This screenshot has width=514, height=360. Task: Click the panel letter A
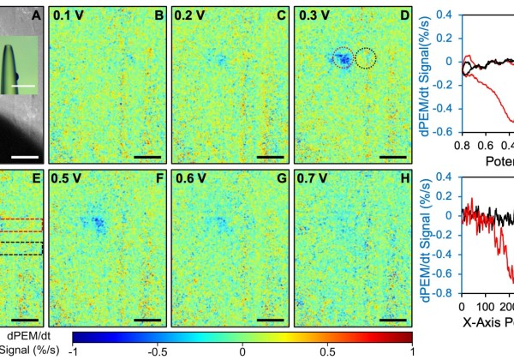pyautogui.click(x=36, y=14)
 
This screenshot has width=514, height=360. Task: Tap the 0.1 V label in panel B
pyautogui.click(x=65, y=15)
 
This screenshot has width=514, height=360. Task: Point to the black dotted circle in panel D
pyautogui.click(x=366, y=58)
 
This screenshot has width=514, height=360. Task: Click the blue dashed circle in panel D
pyautogui.click(x=343, y=58)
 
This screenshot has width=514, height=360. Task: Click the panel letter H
pyautogui.click(x=403, y=181)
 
